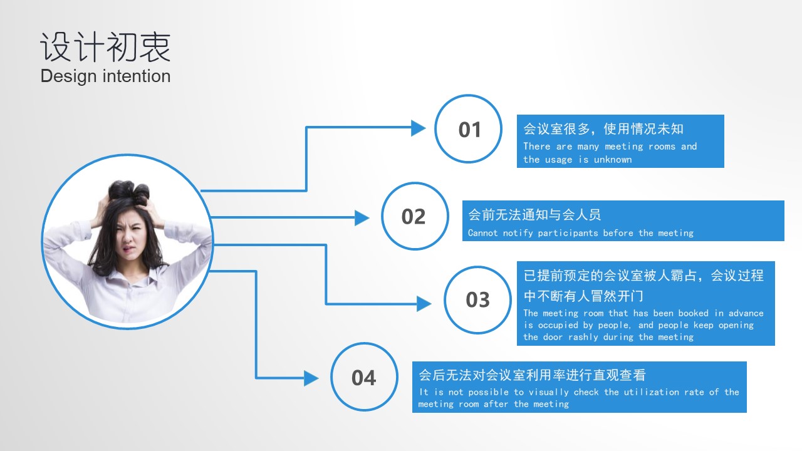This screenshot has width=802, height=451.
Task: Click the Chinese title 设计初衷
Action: [x=105, y=47]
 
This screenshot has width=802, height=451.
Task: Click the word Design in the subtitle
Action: [x=68, y=76]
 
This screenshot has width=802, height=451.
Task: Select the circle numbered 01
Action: [x=468, y=96]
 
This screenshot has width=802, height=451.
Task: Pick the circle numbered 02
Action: [x=415, y=184]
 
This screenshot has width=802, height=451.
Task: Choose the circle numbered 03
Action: [x=477, y=267]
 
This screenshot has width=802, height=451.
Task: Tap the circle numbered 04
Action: [x=364, y=344]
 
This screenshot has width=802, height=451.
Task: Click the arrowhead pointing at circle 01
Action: [x=418, y=128]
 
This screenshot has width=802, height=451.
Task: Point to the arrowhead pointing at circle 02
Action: [x=362, y=217]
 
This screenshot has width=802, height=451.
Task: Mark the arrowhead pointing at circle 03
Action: [x=424, y=304]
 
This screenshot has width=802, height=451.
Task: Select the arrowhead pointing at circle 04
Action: [x=311, y=378]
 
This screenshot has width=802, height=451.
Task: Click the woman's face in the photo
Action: [x=130, y=236]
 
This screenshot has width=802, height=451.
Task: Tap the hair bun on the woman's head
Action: [x=129, y=190]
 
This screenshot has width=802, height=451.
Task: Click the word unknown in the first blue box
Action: [x=613, y=159]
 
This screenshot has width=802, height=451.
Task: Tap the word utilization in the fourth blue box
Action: [x=651, y=392]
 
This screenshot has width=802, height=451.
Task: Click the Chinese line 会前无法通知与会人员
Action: [x=534, y=215]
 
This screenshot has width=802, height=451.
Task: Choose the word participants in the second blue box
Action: [x=568, y=233]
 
